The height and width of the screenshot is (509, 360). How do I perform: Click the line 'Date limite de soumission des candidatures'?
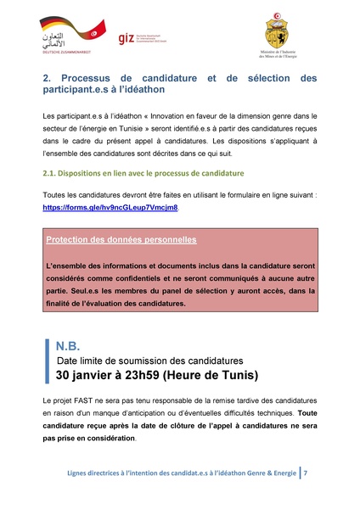click(149, 361)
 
